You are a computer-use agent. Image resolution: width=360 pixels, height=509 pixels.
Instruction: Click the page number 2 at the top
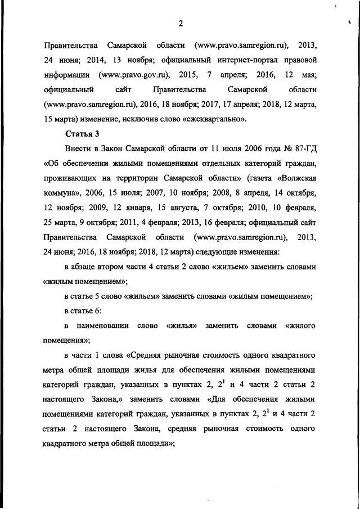(181, 23)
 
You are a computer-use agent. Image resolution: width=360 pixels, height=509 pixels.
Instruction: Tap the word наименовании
(109, 326)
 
